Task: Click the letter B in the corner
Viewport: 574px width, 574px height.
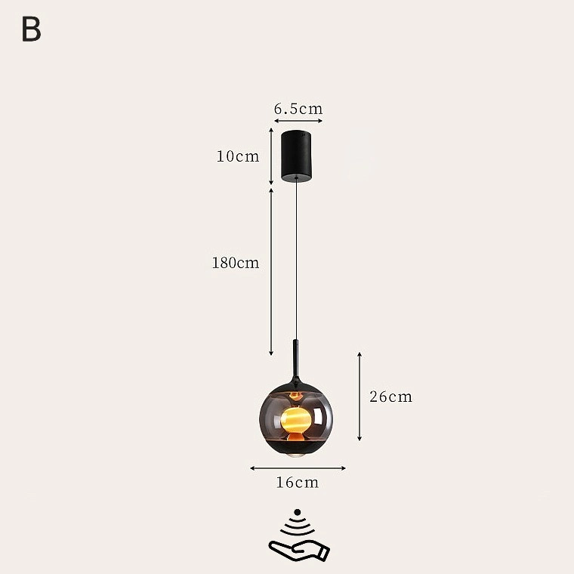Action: click(x=32, y=29)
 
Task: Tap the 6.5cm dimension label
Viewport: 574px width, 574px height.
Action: click(x=298, y=109)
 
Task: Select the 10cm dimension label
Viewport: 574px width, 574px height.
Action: click(x=238, y=156)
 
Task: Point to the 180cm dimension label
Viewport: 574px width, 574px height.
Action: click(x=236, y=263)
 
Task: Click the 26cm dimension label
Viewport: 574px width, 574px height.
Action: click(x=390, y=397)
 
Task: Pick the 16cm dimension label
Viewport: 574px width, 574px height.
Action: click(x=298, y=483)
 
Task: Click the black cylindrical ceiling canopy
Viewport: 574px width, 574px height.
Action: click(x=297, y=156)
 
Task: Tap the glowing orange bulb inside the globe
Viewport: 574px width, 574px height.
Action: click(x=296, y=420)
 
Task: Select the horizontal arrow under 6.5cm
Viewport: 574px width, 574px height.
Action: click(x=298, y=121)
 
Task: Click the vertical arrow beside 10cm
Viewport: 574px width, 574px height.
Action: click(x=271, y=156)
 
